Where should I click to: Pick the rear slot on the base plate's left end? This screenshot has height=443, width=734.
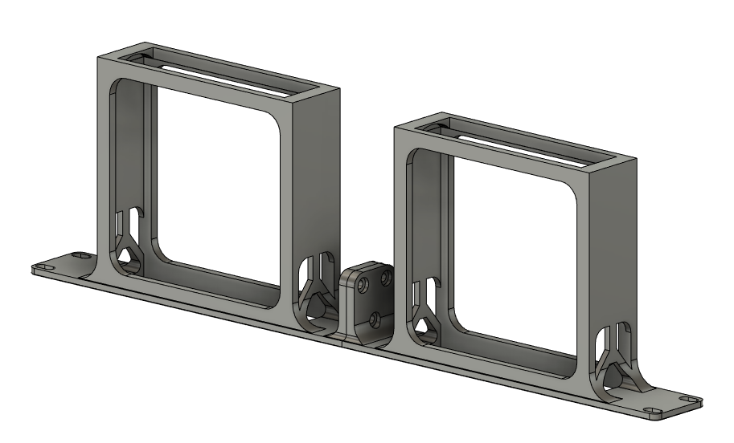[x=79, y=254]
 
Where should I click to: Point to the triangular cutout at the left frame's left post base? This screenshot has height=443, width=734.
[x=126, y=255]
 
